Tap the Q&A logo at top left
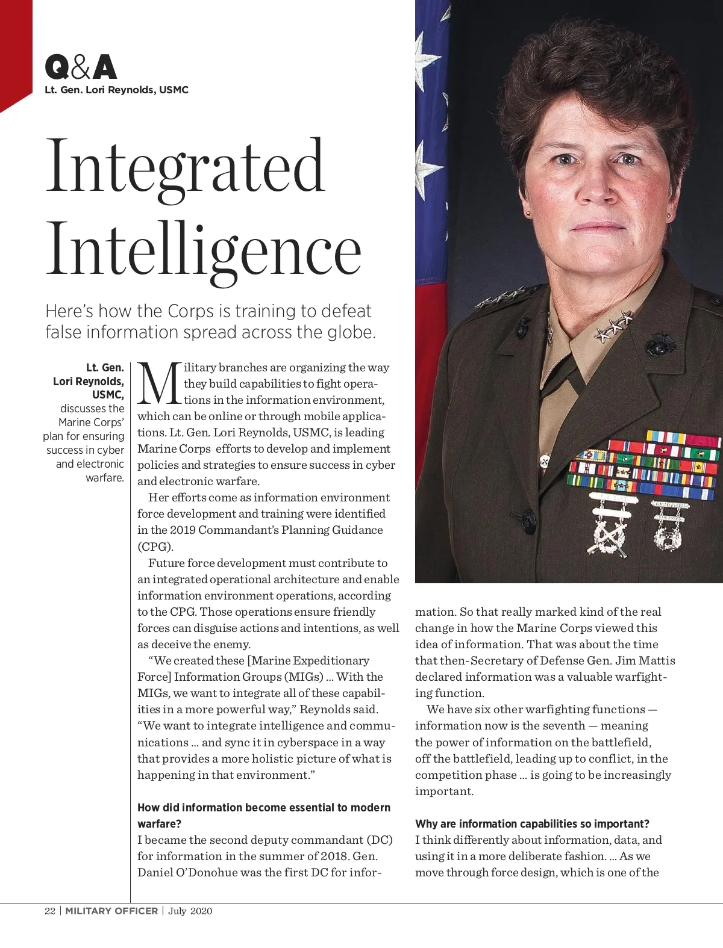[81, 68]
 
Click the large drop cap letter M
[159, 383]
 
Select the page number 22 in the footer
[50, 911]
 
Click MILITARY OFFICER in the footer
[111, 911]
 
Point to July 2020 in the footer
[190, 911]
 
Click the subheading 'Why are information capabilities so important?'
[532, 823]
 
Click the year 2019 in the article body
[182, 530]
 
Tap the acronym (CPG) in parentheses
[155, 547]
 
